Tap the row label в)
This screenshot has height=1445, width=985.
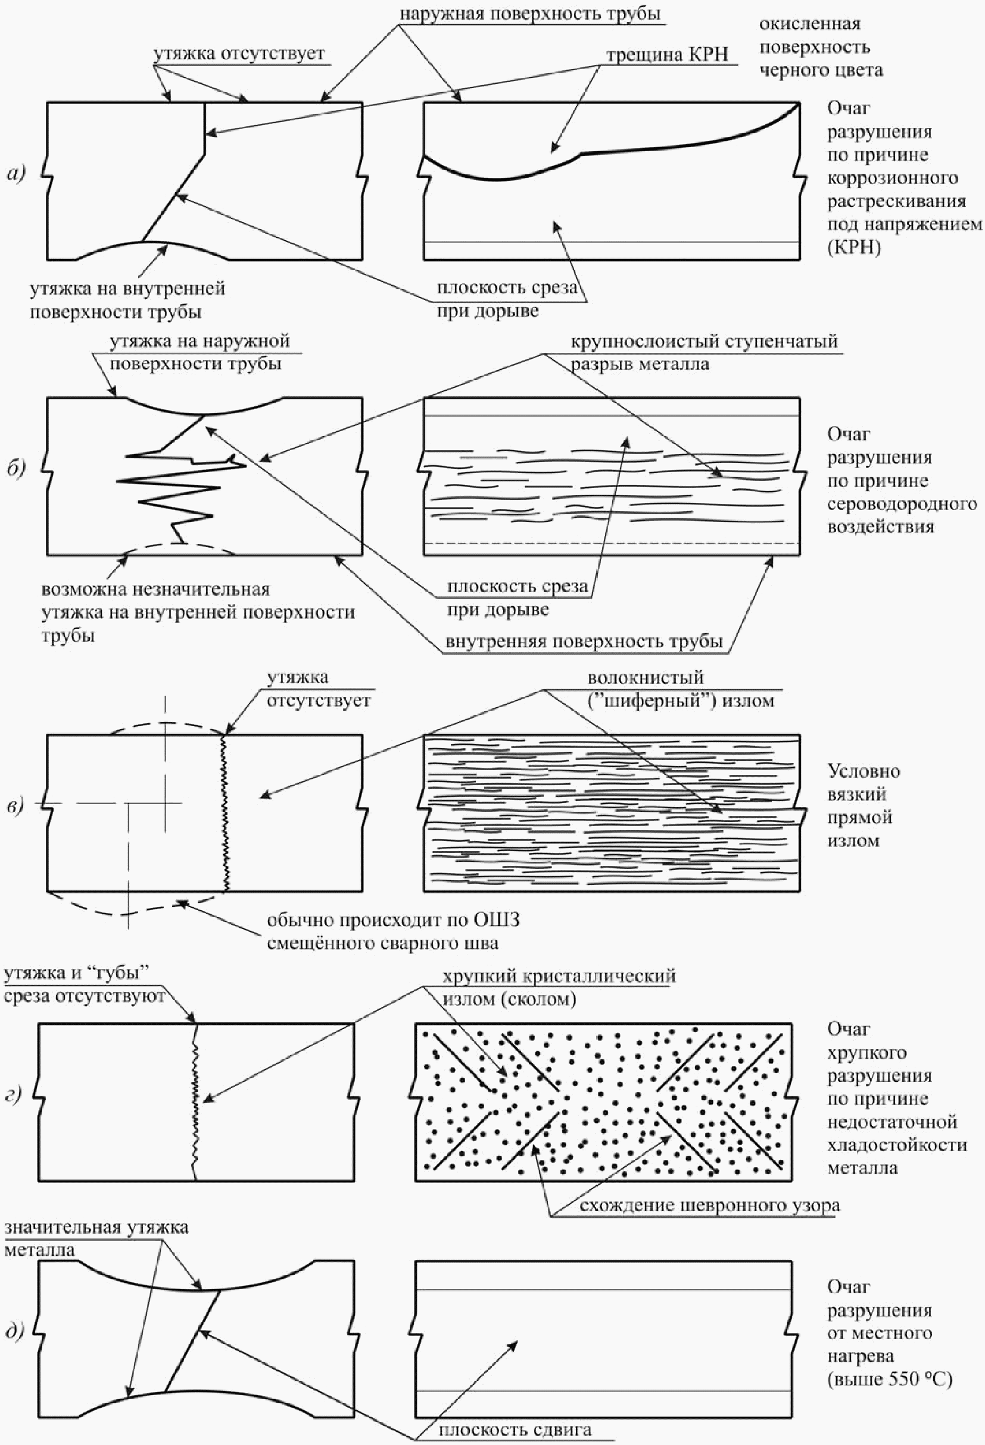point(15,806)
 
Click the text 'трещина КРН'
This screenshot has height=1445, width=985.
point(667,55)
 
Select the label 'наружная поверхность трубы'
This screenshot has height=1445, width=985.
point(529,14)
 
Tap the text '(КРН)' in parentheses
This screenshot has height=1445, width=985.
point(855,247)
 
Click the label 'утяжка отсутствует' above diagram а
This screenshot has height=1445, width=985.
point(239,53)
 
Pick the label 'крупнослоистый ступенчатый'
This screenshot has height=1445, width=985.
point(705,342)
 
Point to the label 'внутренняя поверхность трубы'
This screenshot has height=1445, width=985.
point(584,641)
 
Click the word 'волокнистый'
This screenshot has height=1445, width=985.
point(646,677)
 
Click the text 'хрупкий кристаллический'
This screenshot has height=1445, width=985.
point(559,975)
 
